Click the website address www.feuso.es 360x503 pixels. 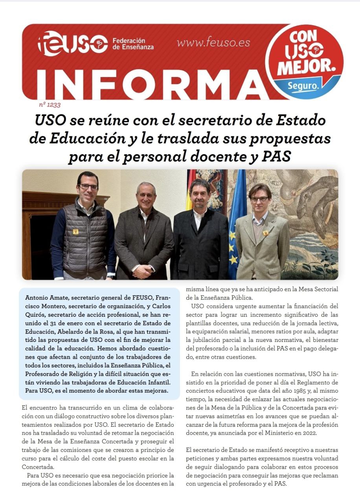point(213,43)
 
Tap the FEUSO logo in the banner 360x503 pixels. point(73,44)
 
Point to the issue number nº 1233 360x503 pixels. point(50,105)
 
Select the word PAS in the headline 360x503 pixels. point(276,157)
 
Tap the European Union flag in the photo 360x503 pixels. point(237,224)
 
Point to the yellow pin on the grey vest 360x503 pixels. point(75,231)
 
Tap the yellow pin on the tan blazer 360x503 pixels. point(266,233)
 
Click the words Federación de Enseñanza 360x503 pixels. point(133,44)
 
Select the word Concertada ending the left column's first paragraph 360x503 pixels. point(38,467)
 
